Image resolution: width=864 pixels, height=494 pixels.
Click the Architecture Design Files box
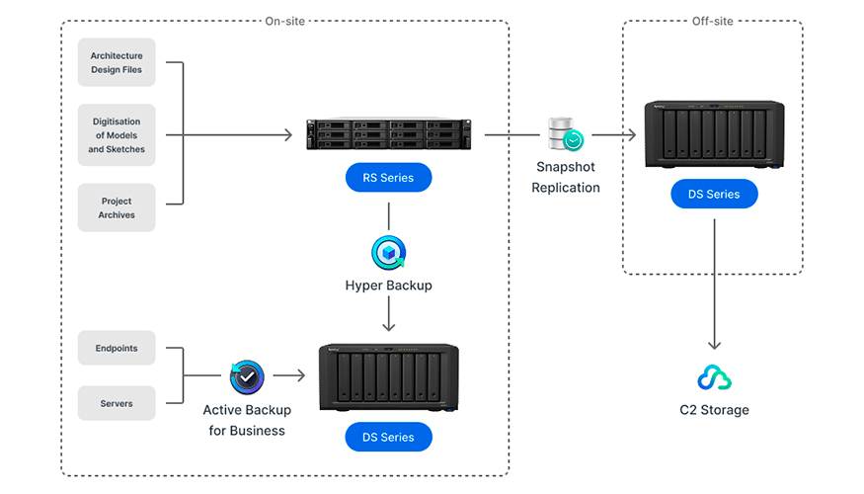[x=117, y=63]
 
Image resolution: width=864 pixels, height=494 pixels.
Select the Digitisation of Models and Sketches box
[x=117, y=135]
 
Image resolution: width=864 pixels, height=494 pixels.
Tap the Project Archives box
[x=117, y=207]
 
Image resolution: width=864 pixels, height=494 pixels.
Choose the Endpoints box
[x=117, y=348]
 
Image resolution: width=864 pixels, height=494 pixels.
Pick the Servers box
[x=117, y=403]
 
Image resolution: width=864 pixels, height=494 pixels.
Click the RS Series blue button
[x=388, y=178]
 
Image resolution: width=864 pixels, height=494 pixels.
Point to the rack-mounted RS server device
[x=388, y=135]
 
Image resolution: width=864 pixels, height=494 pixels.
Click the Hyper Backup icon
[x=388, y=252]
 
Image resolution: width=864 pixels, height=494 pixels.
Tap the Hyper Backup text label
[x=388, y=286]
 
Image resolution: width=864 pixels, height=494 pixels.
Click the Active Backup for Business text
[x=244, y=420]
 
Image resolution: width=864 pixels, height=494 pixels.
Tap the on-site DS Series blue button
[x=388, y=437]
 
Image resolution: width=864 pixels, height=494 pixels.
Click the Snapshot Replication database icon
[x=566, y=135]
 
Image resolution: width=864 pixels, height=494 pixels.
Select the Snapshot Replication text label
[x=566, y=178]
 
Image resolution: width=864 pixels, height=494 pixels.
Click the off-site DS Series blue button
[x=714, y=194]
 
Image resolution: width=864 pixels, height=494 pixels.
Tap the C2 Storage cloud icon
[x=714, y=377]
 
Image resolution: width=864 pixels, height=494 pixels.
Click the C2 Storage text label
[x=714, y=410]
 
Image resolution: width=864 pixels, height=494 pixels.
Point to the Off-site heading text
[x=713, y=20]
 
